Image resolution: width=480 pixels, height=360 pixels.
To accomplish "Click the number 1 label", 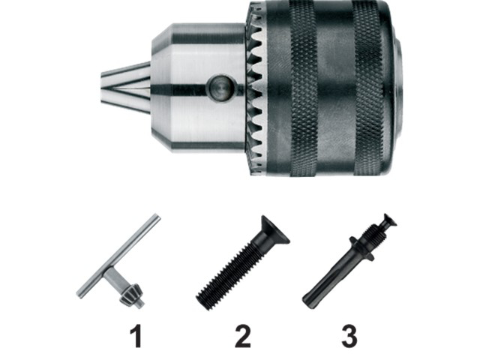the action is (x=136, y=337).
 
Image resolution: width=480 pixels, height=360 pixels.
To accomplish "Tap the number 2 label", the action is (x=243, y=337).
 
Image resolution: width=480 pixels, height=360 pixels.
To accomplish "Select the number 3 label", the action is (x=349, y=337).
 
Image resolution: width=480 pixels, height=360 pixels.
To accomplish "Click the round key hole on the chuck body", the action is (x=222, y=88).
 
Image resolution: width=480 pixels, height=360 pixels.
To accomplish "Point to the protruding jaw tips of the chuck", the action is (x=125, y=88).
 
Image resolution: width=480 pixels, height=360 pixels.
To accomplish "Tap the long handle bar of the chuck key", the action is (x=118, y=256).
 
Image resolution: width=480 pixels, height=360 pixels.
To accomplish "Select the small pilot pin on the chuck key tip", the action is (x=141, y=304).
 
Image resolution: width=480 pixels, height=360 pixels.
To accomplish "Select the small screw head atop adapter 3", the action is (x=389, y=220).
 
